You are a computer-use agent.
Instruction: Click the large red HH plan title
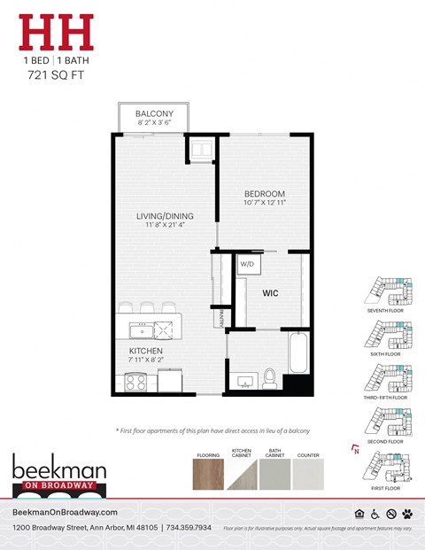point(57,33)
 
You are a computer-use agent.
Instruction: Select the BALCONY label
point(154,115)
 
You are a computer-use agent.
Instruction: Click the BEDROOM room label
point(265,194)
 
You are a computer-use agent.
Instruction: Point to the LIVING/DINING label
point(165,216)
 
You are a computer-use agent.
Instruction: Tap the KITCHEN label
point(144,352)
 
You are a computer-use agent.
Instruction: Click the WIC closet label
point(271,291)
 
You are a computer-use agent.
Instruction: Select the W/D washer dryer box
point(245,264)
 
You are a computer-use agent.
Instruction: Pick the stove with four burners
point(136,382)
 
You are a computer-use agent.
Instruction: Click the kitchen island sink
point(141,330)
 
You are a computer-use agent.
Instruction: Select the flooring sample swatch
point(208,475)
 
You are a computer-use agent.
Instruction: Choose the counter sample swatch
point(309,475)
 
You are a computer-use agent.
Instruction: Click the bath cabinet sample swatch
point(275,475)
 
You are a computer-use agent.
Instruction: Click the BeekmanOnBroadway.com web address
point(65,513)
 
